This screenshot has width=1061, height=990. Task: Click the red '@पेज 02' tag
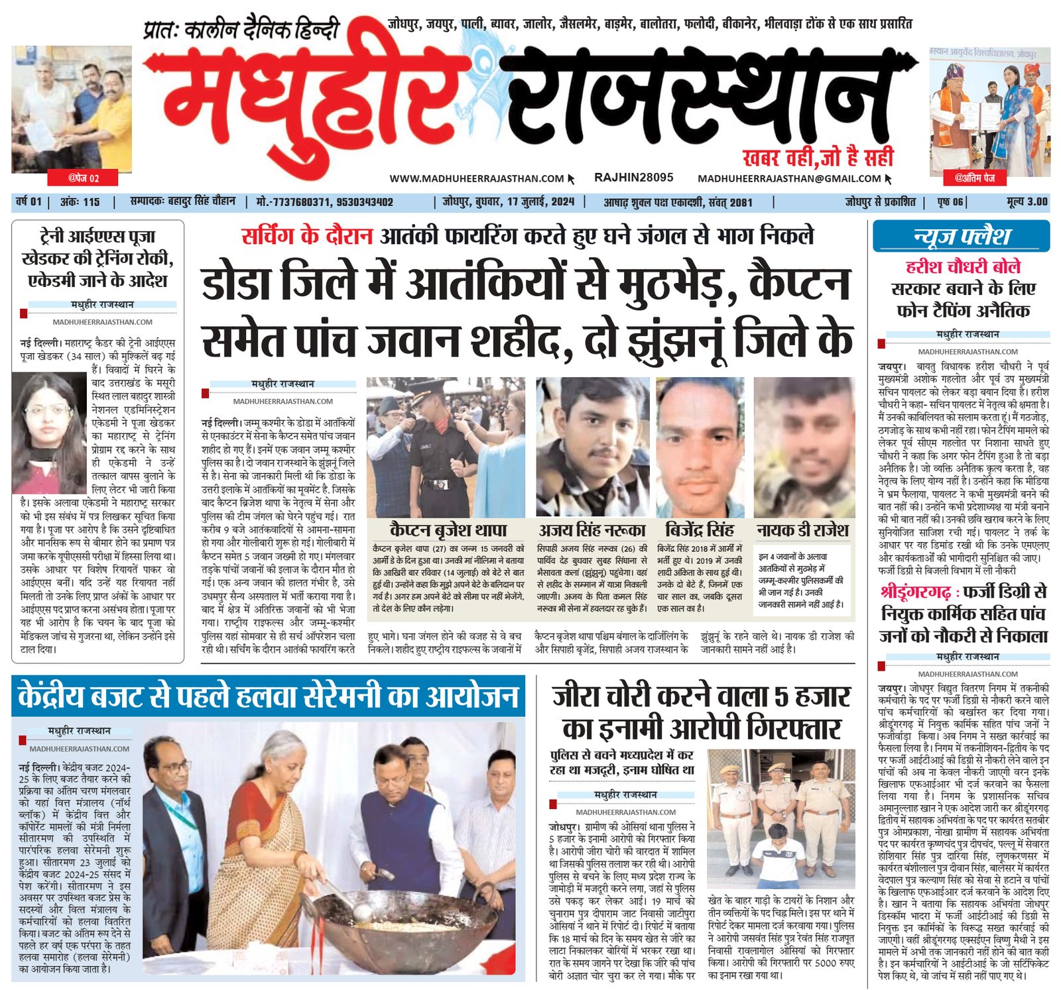tap(84, 178)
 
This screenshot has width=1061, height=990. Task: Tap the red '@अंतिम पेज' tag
tap(974, 178)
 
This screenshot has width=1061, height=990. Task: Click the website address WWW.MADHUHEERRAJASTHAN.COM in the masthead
tap(476, 178)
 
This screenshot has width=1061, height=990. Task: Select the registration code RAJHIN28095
tap(633, 178)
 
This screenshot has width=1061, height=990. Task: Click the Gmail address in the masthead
tap(789, 178)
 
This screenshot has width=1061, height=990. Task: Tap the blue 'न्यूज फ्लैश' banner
tap(961, 237)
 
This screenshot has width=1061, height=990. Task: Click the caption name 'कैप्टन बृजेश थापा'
tap(448, 530)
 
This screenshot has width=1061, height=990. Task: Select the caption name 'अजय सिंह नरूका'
tap(592, 530)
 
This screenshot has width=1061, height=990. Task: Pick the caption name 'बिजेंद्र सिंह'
tap(699, 530)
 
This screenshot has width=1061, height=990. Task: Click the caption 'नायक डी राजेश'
tap(802, 530)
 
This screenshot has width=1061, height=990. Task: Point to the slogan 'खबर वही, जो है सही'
tap(818, 158)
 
